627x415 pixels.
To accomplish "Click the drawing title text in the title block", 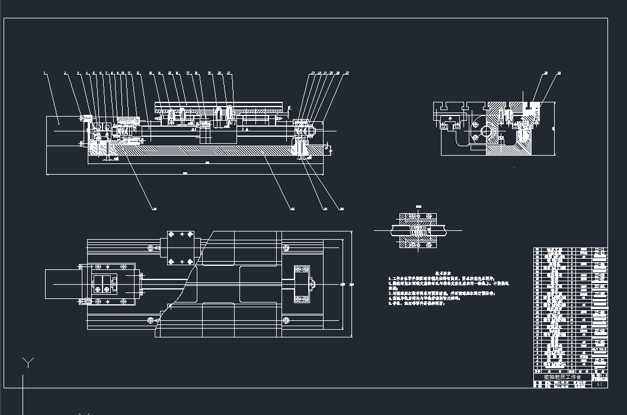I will pyautogui.click(x=558, y=377).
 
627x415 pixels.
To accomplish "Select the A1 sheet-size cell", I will pyautogui.click(x=599, y=384).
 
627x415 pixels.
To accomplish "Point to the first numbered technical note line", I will pyautogui.click(x=450, y=277).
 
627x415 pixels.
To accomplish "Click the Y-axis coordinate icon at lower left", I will pyautogui.click(x=27, y=362).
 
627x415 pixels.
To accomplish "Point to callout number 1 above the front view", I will pyautogui.click(x=44, y=73).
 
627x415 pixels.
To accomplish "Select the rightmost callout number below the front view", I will pyautogui.click(x=342, y=209).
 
